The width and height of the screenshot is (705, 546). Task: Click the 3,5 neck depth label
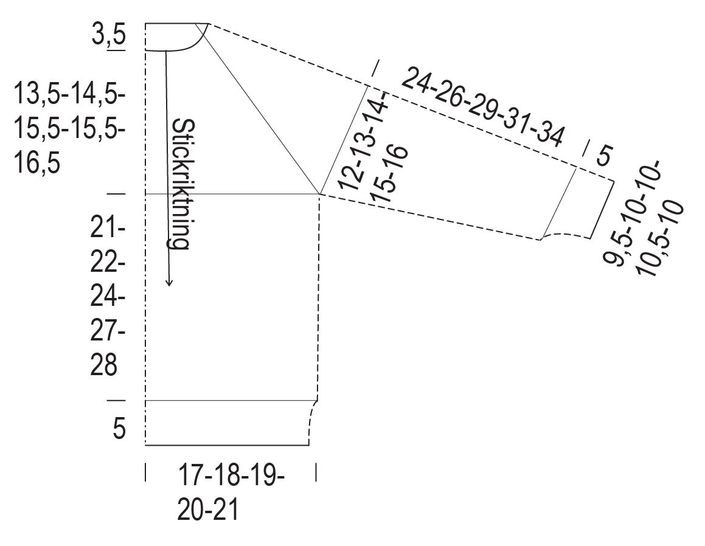[109, 36]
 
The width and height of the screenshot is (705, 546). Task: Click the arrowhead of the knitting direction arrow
[168, 282]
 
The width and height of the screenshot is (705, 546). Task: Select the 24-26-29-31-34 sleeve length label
[482, 108]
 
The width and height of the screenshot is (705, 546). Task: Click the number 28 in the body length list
[104, 365]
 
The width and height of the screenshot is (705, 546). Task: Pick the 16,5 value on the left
[37, 163]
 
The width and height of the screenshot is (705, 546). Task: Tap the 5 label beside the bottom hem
[119, 428]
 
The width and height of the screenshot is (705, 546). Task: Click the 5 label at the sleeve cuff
[604, 156]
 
